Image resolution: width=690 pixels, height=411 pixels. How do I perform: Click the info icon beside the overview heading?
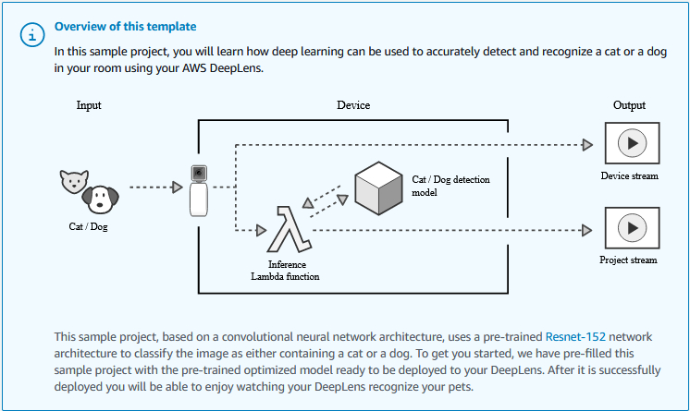[x=33, y=34]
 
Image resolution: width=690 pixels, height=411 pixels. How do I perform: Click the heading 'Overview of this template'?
[x=125, y=26]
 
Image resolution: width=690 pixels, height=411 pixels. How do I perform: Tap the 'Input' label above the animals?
[x=89, y=105]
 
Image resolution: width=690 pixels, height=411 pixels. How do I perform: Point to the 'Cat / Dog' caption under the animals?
[x=89, y=226]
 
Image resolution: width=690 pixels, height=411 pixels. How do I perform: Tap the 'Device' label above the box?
[x=353, y=105]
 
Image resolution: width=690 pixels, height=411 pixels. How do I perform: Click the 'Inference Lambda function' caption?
[x=286, y=270]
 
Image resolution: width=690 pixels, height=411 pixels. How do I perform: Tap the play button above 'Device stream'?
[x=631, y=145]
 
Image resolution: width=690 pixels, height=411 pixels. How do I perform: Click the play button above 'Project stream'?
[x=631, y=228]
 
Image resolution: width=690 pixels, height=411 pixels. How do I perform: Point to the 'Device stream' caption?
[x=629, y=176]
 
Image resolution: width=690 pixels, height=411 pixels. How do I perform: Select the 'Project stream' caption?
[x=629, y=260]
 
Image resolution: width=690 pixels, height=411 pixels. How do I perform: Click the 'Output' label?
[x=630, y=105]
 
